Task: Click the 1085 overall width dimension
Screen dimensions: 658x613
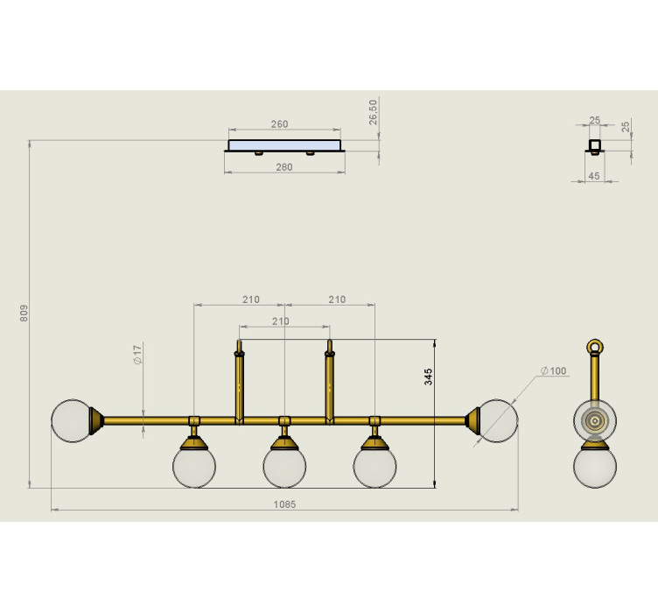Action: pos(284,504)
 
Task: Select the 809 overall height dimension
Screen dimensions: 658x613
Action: pos(24,314)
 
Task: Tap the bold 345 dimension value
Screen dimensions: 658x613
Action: pos(428,377)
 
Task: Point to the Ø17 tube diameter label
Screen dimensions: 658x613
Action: pos(137,355)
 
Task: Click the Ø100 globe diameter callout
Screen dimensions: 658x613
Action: pos(554,370)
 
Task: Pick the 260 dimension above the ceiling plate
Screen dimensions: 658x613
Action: pos(279,124)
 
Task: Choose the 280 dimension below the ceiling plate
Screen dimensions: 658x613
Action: pos(284,167)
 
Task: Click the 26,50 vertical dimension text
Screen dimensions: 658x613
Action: pos(373,112)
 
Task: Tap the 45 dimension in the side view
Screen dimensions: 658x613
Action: pos(594,176)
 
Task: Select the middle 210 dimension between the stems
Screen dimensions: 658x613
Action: pos(280,321)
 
